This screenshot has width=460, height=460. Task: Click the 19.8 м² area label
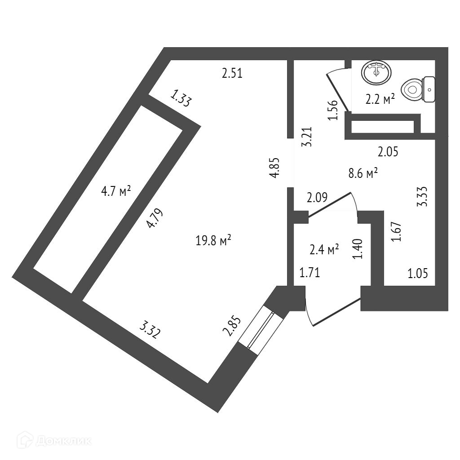213,241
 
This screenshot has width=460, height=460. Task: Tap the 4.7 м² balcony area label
116,192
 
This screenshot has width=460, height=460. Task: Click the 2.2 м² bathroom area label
380,99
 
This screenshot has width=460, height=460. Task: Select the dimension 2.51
232,73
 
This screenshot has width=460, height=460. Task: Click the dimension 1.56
333,110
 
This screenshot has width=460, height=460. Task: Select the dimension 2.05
388,152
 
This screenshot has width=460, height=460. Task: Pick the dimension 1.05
417,272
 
